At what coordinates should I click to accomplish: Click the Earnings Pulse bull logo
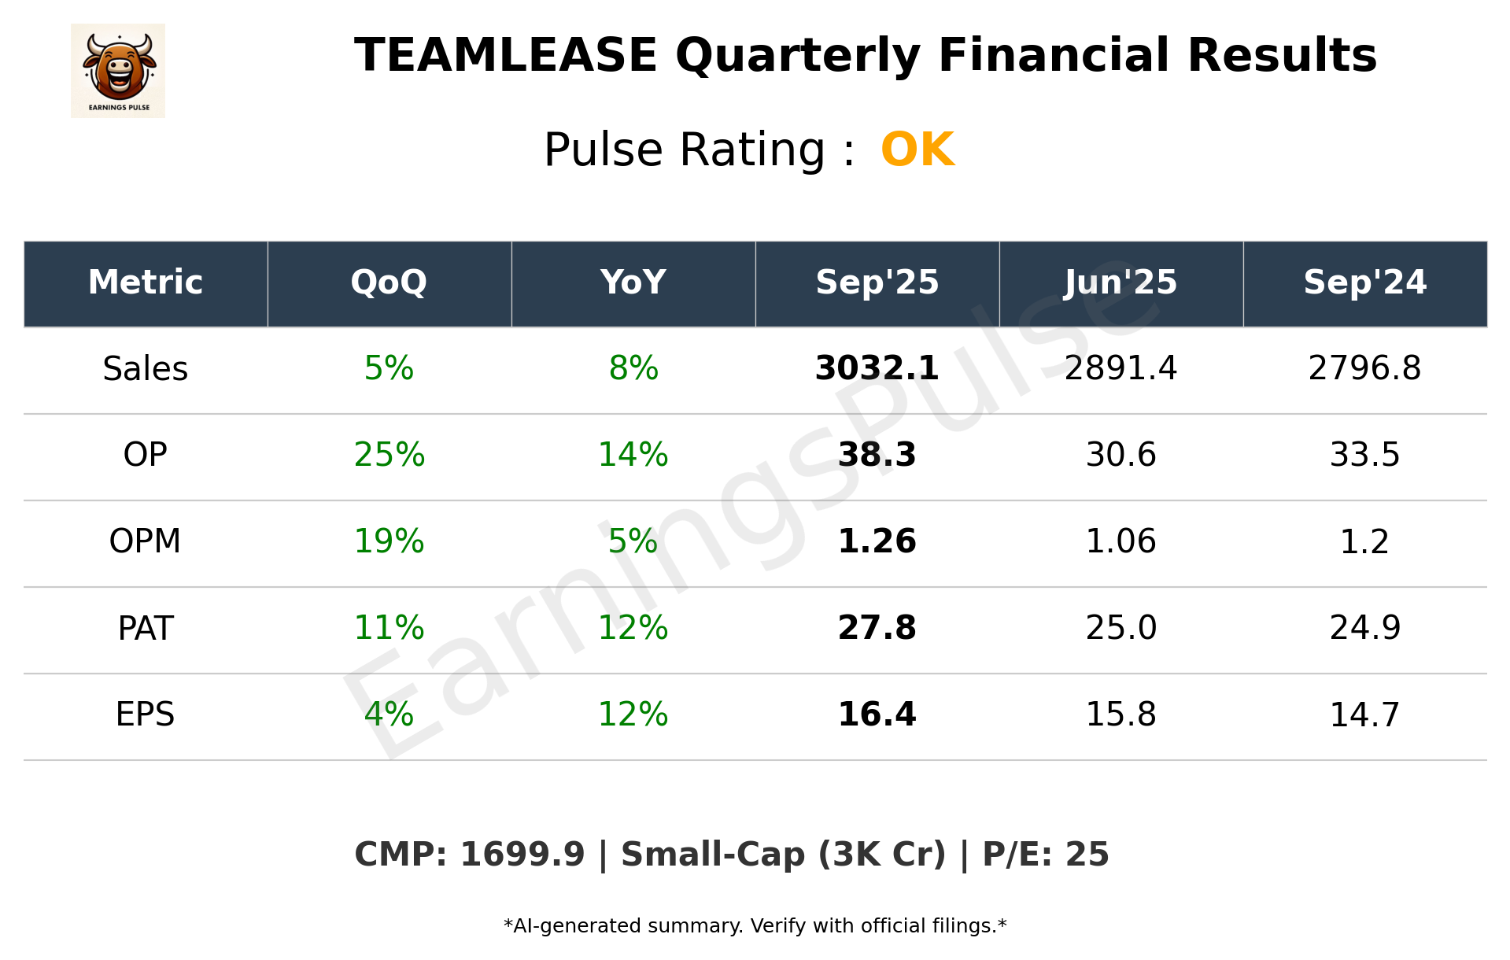point(118,70)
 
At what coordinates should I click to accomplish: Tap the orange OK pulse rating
point(917,150)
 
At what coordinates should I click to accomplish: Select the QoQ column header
point(389,282)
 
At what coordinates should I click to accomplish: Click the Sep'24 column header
point(1364,282)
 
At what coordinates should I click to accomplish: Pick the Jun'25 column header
point(1121,282)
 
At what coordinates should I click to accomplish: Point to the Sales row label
point(146,369)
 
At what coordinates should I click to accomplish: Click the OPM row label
point(146,541)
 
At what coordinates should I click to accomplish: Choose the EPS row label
point(146,714)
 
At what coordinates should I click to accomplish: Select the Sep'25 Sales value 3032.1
point(877,368)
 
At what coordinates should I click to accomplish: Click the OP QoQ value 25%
point(389,455)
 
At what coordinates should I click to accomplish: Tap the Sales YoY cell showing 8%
point(633,368)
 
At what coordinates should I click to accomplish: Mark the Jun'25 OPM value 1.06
point(1121,541)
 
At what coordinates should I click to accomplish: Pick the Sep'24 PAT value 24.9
point(1364,628)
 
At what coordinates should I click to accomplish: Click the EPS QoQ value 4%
point(389,714)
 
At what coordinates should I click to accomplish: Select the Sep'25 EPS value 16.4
point(877,714)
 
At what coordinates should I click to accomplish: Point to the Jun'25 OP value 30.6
point(1121,455)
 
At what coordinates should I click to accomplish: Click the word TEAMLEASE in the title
point(505,56)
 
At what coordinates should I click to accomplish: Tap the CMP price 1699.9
point(522,855)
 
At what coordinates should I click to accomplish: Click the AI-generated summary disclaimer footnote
point(755,926)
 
